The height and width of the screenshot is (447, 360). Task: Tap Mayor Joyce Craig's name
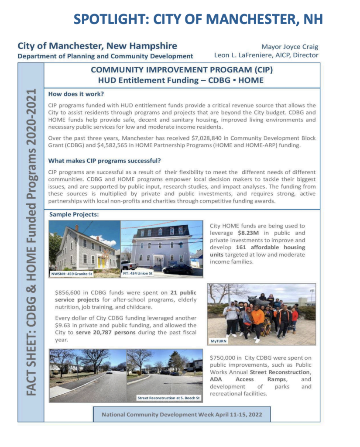pos(290,47)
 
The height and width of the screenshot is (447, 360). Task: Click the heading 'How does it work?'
pos(76,94)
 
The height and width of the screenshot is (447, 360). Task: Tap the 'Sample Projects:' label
pos(74,214)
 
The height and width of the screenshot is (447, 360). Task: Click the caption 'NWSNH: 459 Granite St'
pos(72,274)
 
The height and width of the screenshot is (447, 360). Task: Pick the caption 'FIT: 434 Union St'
pos(138,273)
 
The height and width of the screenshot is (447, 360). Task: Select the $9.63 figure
pos(63,325)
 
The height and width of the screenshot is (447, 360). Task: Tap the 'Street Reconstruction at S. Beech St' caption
pos(168,398)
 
